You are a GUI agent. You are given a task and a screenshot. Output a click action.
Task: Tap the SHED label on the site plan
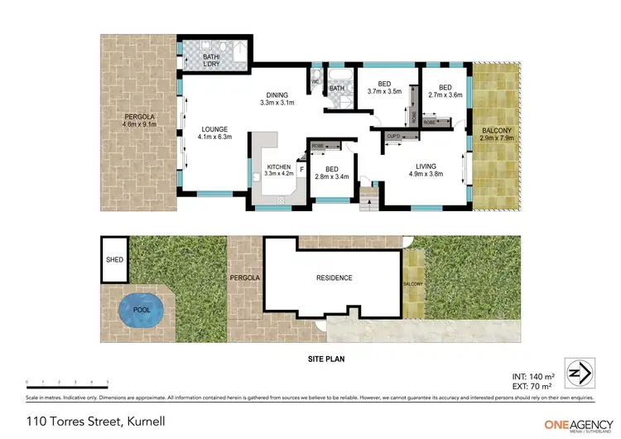114,259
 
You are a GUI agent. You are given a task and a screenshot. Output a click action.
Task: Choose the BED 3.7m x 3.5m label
384,88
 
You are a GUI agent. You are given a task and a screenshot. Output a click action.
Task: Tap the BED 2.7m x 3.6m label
445,90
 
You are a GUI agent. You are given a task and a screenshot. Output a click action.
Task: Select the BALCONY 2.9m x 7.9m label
498,134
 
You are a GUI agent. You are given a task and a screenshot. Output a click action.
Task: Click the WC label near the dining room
315,82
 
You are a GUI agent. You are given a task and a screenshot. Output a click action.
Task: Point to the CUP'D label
393,136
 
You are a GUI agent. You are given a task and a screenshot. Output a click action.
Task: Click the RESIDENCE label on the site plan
334,278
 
